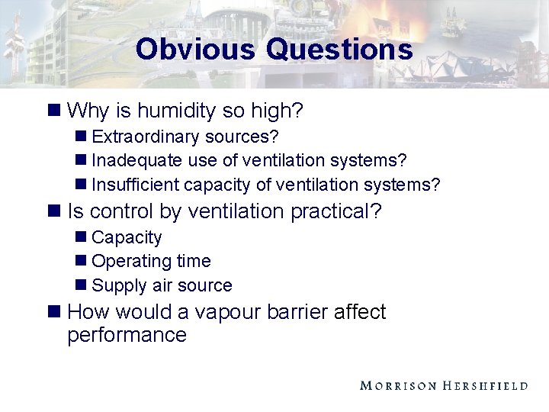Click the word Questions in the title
coord(339,50)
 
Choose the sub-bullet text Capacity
coord(127,237)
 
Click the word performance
coord(127,335)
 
